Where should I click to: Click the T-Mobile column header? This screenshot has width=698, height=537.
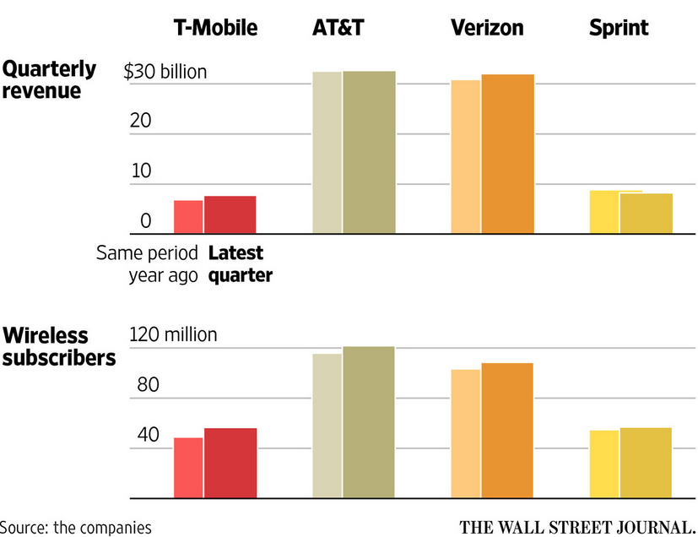[215, 28]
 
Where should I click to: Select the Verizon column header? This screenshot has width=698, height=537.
[487, 28]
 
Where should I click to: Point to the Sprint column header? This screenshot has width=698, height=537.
[619, 28]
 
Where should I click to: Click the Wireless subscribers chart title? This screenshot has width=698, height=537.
[58, 346]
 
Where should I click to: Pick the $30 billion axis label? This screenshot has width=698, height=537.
[165, 72]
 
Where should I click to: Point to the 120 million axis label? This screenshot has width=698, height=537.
[173, 335]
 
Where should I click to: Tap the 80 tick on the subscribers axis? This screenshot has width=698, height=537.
[143, 385]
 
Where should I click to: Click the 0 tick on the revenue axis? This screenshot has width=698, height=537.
[145, 222]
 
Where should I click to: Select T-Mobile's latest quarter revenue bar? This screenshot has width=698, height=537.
[230, 214]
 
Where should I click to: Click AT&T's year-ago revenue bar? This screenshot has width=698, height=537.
[327, 153]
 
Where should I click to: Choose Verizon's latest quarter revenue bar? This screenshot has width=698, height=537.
[507, 154]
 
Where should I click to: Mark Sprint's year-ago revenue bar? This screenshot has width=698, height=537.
[603, 212]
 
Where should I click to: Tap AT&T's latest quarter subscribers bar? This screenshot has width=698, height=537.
[368, 421]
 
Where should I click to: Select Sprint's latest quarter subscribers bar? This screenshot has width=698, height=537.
[646, 462]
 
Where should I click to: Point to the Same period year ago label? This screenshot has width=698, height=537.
[147, 263]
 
